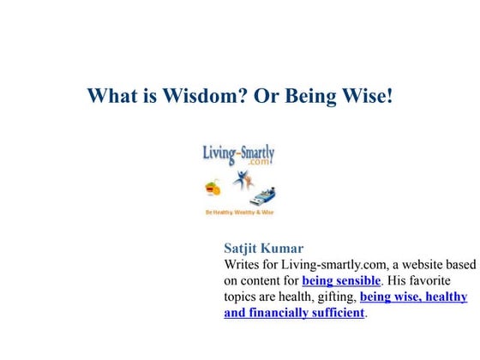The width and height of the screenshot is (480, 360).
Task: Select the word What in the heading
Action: tap(114, 95)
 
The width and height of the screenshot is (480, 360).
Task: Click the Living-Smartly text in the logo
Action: tap(238, 153)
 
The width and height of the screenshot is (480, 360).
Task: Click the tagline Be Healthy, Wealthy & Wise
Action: tap(238, 211)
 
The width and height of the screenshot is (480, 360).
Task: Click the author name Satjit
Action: tap(243, 249)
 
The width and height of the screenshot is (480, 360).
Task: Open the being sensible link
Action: tap(341, 280)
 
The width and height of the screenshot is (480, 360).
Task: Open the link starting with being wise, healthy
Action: tap(413, 297)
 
